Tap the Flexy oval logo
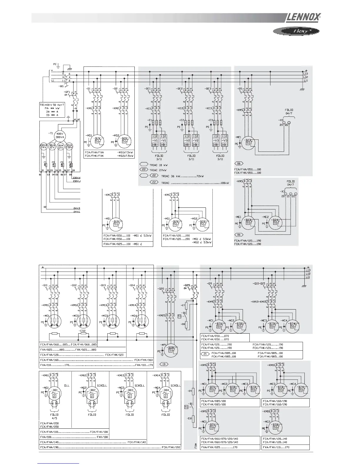(x=294, y=31)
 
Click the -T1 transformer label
(x=51, y=133)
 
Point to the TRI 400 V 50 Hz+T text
(x=53, y=104)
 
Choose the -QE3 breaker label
(x=209, y=89)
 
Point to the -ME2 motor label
(x=265, y=217)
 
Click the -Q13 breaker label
(x=103, y=285)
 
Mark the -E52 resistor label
(x=82, y=331)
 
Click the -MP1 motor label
(x=161, y=344)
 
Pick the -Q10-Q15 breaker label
(x=259, y=284)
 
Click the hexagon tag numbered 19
(x=164, y=364)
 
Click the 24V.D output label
(x=77, y=209)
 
